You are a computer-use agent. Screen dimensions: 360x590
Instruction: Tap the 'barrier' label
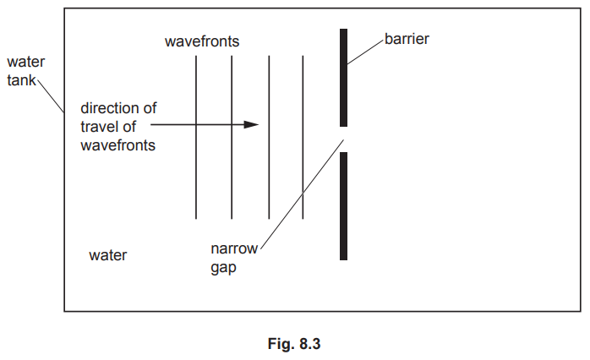click(x=407, y=39)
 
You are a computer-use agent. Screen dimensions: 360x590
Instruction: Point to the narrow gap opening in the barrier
click(x=344, y=139)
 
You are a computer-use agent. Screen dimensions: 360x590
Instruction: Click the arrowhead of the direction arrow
click(x=250, y=125)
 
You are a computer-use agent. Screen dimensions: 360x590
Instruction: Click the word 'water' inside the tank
click(x=107, y=254)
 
